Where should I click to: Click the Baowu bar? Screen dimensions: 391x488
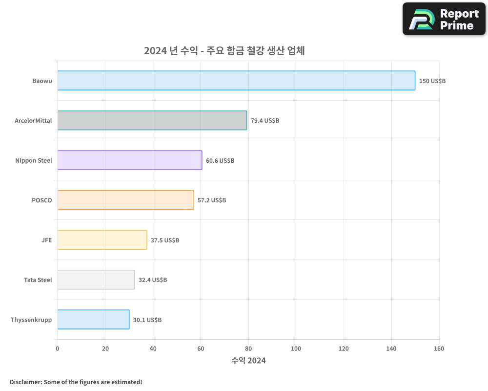click(236, 80)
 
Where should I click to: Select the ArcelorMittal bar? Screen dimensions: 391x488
click(152, 120)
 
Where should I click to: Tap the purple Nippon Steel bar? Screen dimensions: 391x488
click(130, 160)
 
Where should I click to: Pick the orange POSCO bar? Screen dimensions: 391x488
click(125, 200)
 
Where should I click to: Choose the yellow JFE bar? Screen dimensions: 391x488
click(102, 239)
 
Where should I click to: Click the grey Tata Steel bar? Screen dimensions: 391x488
click(96, 280)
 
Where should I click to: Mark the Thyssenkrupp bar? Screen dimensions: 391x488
click(93, 319)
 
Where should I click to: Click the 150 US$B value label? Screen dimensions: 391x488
click(432, 81)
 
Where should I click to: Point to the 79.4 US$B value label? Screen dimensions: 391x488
click(265, 120)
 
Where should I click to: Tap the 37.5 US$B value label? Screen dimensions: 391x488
click(165, 240)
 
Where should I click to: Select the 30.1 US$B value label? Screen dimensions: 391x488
click(147, 320)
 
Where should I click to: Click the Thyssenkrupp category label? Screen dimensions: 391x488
click(31, 320)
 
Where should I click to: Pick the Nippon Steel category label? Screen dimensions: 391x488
click(34, 160)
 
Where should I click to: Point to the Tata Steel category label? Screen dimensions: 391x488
click(38, 280)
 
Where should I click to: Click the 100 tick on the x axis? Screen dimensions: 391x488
click(296, 348)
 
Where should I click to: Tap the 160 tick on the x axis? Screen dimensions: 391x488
click(439, 348)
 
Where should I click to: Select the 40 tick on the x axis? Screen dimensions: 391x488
click(153, 348)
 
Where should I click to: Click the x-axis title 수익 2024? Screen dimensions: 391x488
click(248, 361)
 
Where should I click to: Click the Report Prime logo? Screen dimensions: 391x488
click(444, 19)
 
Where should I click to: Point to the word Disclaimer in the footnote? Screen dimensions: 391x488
click(25, 382)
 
